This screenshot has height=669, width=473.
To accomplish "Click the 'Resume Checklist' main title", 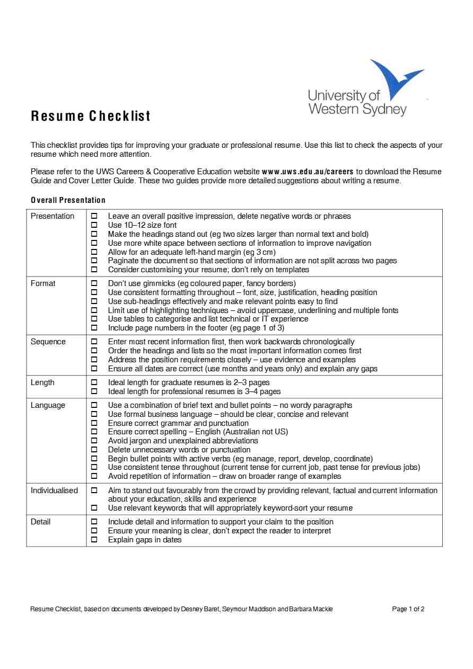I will [x=91, y=116].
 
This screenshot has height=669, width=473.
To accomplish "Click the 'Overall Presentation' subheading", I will [x=68, y=200].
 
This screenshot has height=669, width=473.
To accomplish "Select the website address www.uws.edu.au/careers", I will [x=308, y=172].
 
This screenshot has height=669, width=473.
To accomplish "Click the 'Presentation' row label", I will [x=52, y=216].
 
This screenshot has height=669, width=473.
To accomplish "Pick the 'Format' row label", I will [x=43, y=283].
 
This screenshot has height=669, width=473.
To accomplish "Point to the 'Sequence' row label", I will [x=48, y=342].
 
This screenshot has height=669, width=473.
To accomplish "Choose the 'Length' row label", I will [x=42, y=382].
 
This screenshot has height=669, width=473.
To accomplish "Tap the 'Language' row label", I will [x=48, y=405].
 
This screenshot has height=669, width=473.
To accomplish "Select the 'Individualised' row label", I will [x=54, y=490].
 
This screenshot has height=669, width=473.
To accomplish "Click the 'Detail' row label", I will [x=41, y=522].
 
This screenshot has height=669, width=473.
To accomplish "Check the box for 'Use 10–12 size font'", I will [x=94, y=225].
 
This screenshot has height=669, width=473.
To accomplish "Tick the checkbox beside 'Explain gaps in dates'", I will [x=94, y=540].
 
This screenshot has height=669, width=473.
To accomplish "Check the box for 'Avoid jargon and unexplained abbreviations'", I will [x=94, y=441].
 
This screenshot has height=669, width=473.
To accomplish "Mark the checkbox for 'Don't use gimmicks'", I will [x=94, y=283].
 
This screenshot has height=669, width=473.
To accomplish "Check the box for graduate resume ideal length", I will [x=94, y=382].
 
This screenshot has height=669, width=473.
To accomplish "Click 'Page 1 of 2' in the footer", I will [x=408, y=609].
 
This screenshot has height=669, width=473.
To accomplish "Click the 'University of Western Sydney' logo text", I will [x=356, y=103].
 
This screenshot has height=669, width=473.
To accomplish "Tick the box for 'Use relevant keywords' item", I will [x=94, y=508].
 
